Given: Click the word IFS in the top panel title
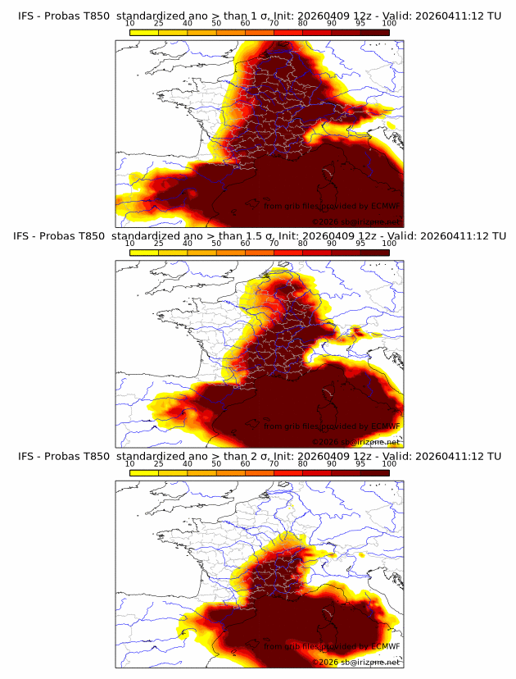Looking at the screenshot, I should tap(28, 14).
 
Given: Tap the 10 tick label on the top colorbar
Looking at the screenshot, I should tap(130, 23).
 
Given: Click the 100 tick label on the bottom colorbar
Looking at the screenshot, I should tap(389, 464).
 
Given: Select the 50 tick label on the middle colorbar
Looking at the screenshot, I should tap(216, 244).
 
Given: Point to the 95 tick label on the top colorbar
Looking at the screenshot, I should tap(360, 23).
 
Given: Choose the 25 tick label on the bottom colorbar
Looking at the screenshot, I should tap(159, 464).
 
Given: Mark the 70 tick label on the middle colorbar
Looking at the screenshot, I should tap(274, 244).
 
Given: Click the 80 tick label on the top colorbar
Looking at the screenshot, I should tap(303, 23).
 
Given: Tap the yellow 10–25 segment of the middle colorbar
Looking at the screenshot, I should tap(144, 253).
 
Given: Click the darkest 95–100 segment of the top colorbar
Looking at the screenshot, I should tap(374, 32).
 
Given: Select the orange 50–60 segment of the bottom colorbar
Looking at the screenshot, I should tap(231, 473).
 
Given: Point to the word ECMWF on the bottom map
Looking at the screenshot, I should tap(385, 646).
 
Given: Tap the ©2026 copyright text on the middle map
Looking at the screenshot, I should tap(326, 442).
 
